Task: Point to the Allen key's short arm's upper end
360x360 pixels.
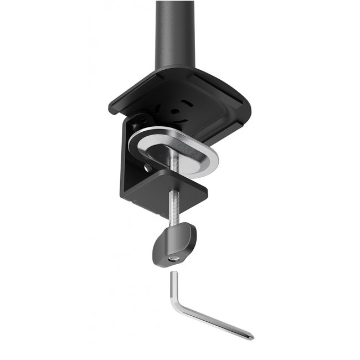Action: tap(173, 274)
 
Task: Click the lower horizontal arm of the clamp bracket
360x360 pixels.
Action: tap(166, 188)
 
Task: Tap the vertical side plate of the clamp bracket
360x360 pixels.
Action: tap(128, 166)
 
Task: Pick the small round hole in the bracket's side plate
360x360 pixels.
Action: tap(147, 167)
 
